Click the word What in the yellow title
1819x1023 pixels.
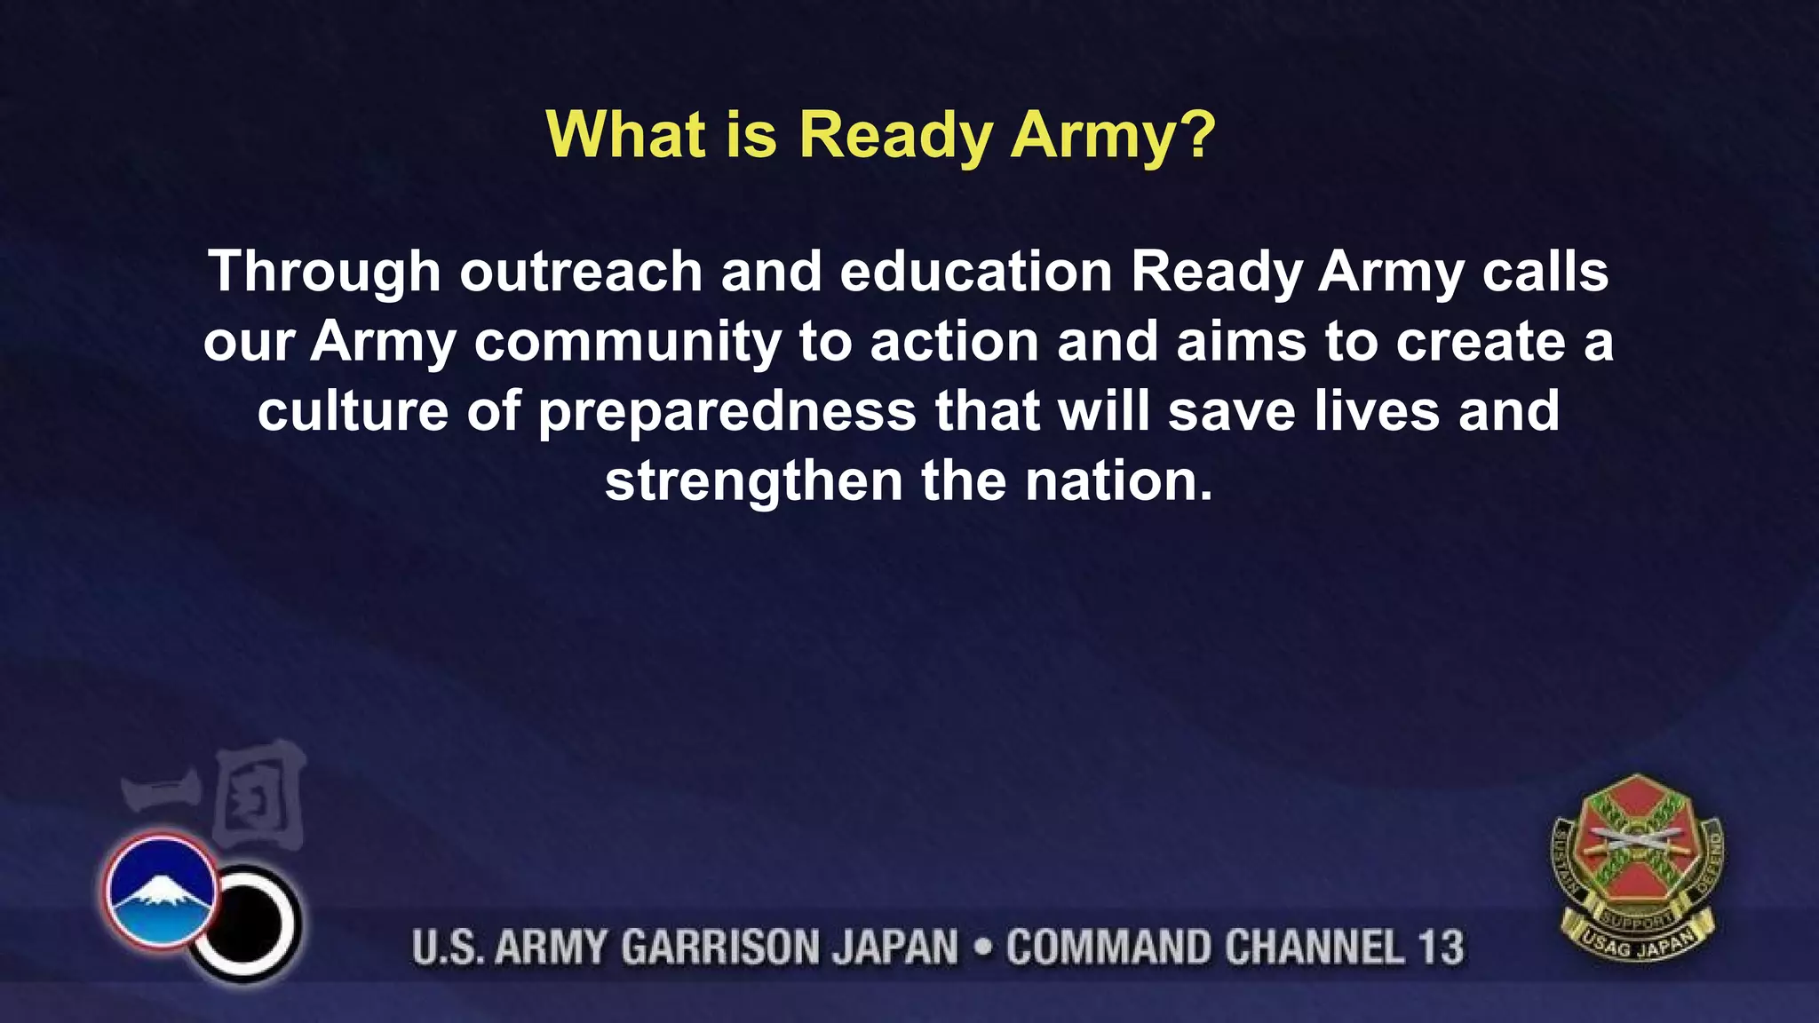[625, 135]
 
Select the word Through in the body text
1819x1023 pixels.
[324, 273]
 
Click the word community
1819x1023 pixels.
[627, 343]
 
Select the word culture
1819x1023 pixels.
[353, 411]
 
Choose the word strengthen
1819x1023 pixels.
[753, 482]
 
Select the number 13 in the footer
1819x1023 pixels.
[1439, 947]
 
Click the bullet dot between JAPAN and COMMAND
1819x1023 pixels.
[982, 947]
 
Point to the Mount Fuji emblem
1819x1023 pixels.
[161, 890]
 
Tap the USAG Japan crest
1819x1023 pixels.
[1637, 868]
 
